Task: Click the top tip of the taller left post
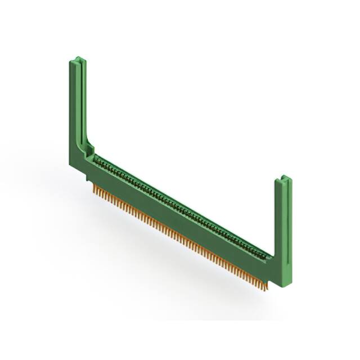78,58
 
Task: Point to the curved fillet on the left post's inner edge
87,141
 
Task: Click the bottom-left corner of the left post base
70,164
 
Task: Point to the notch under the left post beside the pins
89,179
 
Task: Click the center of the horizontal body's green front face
180,222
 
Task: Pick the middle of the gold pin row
180,240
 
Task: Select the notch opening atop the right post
284,180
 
